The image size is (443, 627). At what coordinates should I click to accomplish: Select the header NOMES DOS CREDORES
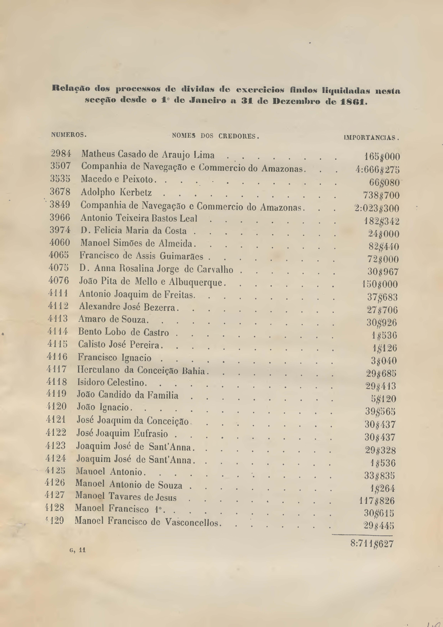215,136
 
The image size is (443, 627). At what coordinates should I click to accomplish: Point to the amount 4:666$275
377,170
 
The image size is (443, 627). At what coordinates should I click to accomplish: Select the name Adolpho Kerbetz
116,193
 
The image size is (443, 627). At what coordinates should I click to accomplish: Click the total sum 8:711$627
372,544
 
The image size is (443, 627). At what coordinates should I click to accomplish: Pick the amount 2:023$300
377,209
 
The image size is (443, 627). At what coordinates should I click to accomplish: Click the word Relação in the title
67,89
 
